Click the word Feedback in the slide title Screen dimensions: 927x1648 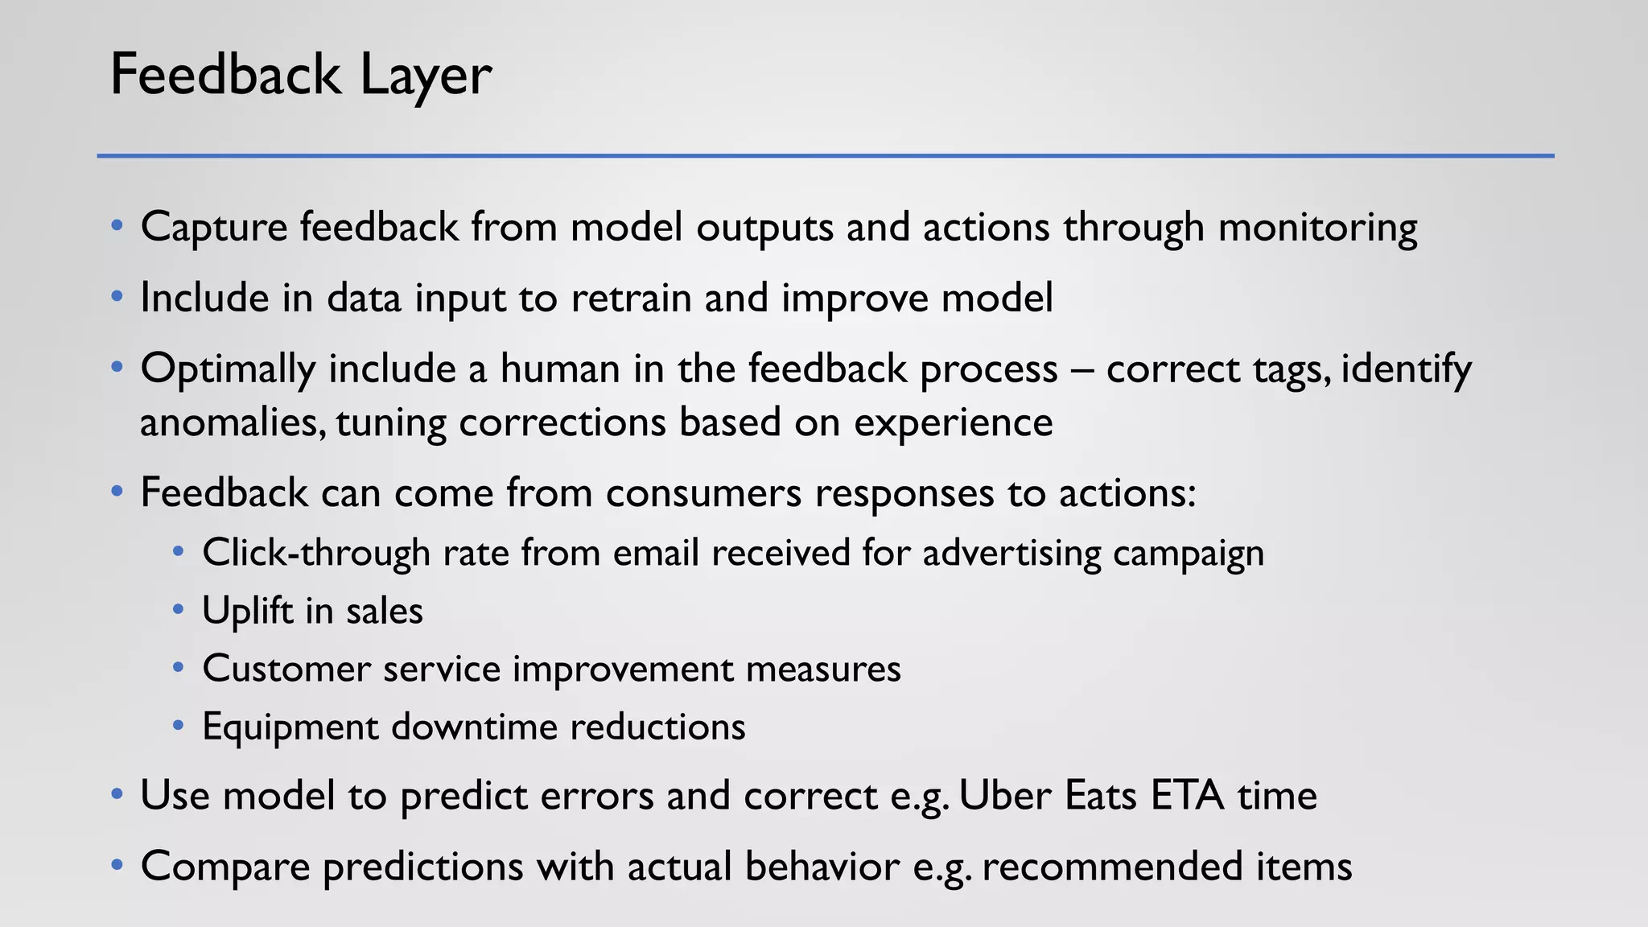click(225, 75)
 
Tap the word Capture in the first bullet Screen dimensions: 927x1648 click(214, 227)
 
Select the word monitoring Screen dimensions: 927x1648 click(1317, 227)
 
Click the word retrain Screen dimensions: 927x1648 click(631, 298)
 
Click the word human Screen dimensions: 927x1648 click(560, 369)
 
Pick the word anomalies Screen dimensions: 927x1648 click(233, 422)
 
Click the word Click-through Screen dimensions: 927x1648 click(316, 553)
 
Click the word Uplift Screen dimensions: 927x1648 click(248, 611)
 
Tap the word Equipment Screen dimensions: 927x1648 click(290, 727)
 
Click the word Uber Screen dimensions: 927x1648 click(1006, 796)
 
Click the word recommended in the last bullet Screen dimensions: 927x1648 click(1112, 867)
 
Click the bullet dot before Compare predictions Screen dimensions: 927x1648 click(117, 866)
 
